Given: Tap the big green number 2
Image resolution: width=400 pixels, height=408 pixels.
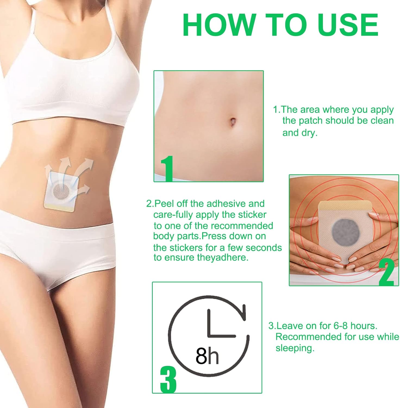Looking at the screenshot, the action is (386, 272).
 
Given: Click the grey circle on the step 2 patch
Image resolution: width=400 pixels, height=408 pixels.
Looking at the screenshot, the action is (343, 232).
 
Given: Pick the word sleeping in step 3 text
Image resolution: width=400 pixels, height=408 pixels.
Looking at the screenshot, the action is (295, 348).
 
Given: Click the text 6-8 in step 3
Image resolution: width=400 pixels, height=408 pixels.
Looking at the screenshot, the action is (340, 326).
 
